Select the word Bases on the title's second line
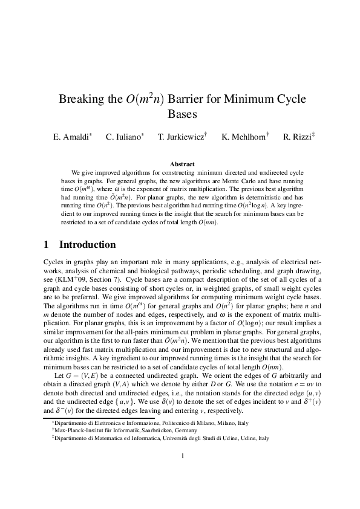pyautogui.click(x=180, y=114)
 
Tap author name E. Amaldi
pyautogui.click(x=70, y=137)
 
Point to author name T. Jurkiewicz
pyautogui.click(x=180, y=137)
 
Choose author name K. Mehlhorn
pyautogui.click(x=243, y=137)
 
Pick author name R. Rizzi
pyautogui.click(x=296, y=137)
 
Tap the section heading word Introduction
pyautogui.click(x=87, y=245)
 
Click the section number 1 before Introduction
pyautogui.click(x=47, y=245)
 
